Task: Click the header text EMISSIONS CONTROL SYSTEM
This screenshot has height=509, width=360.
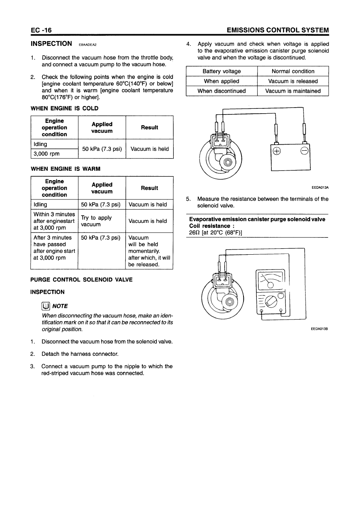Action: [x=278, y=30]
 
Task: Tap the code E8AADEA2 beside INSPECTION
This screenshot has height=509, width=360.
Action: [x=88, y=45]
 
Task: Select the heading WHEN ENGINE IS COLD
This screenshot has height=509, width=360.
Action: [x=65, y=108]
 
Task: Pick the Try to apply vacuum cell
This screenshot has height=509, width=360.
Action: [x=96, y=221]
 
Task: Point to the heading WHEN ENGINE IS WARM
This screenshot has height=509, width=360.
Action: [x=66, y=168]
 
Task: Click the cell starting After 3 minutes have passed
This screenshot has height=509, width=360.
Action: [x=54, y=248]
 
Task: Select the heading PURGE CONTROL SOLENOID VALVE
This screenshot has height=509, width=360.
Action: [x=81, y=280]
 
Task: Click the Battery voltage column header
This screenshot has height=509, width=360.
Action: [x=221, y=71]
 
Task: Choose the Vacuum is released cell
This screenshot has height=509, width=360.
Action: [x=293, y=81]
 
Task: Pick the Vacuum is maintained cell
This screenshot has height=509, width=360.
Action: [x=293, y=91]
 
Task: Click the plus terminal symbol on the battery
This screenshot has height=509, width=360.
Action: [x=277, y=152]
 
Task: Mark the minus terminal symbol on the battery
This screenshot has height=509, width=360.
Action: [x=304, y=152]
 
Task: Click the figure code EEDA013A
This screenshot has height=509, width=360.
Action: [x=320, y=187]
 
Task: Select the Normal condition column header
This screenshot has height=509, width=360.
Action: [x=293, y=71]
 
